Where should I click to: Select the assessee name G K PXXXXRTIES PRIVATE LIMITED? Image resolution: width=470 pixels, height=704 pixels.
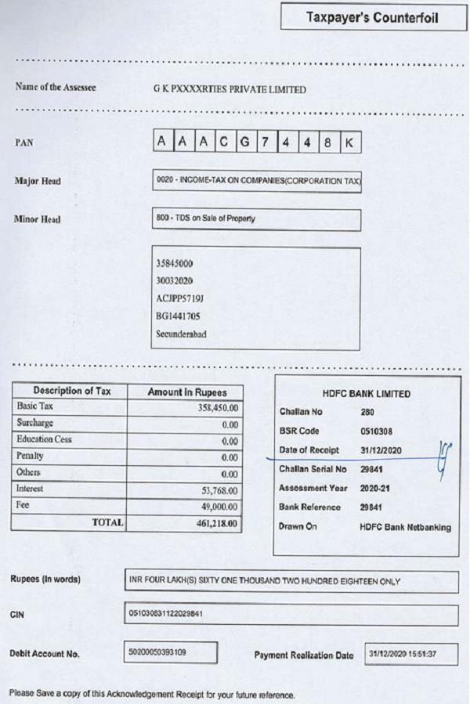click(230, 89)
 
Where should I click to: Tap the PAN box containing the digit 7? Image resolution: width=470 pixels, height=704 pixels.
click(266, 142)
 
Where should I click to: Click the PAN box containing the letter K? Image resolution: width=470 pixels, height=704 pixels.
click(350, 142)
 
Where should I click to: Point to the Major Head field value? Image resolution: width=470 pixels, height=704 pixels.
click(258, 180)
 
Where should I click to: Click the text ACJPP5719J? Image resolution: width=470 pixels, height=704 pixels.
click(180, 298)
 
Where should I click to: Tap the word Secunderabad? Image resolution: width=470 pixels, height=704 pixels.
click(182, 334)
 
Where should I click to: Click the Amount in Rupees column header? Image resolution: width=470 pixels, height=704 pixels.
click(185, 392)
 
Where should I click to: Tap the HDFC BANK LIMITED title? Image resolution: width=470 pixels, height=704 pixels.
click(366, 394)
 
